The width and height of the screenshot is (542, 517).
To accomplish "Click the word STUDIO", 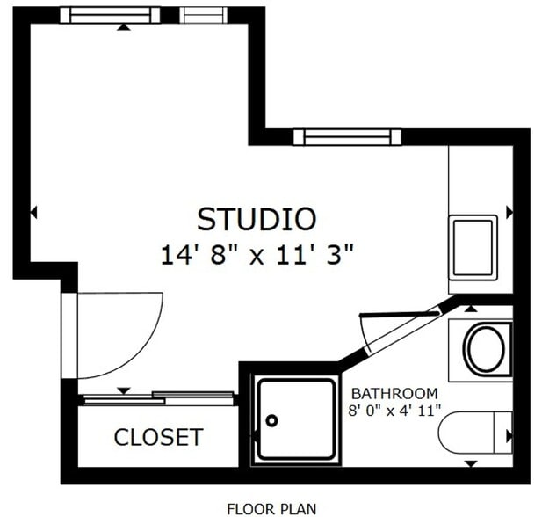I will (x=257, y=218).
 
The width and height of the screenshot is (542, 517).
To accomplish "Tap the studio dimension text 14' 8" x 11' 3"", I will (x=257, y=255).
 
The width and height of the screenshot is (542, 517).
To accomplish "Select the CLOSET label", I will (x=158, y=437).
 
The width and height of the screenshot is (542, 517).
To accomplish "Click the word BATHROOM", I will (x=394, y=393).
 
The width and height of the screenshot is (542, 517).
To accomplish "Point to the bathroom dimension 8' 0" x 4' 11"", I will (x=394, y=410).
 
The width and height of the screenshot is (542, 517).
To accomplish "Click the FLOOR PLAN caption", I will (x=271, y=507).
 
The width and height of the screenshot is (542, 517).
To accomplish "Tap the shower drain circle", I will (x=272, y=420).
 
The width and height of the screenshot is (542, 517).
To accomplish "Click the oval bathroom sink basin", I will (x=484, y=349).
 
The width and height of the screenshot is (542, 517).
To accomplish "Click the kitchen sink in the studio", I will (x=473, y=248).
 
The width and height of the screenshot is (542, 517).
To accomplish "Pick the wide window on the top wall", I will (x=110, y=15).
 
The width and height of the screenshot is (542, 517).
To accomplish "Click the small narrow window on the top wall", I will (x=203, y=15).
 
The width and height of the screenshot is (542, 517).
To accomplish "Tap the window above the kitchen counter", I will (x=346, y=136).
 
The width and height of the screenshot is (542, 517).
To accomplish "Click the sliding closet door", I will (x=158, y=397).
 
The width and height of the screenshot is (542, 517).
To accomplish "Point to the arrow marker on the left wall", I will (x=34, y=212).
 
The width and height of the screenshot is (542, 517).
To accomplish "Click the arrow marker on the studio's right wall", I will (x=509, y=212).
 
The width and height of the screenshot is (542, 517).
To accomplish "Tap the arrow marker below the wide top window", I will (x=124, y=27).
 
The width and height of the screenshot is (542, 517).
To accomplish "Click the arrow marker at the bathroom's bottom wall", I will (x=471, y=462).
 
